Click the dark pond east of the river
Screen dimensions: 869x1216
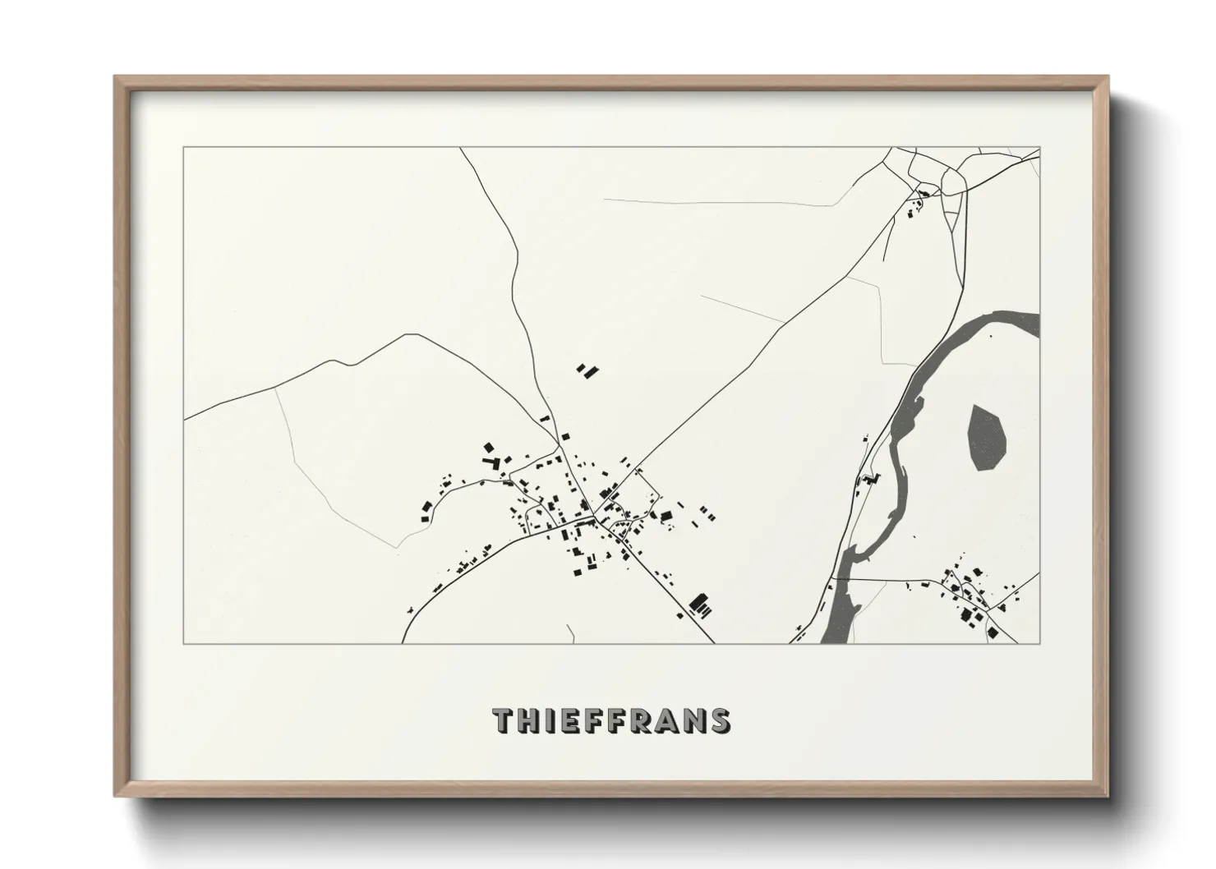pos(987,437)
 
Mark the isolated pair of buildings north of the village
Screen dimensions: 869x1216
pos(587,370)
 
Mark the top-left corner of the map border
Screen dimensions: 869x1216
pos(184,148)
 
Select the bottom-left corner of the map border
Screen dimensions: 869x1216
pos(184,643)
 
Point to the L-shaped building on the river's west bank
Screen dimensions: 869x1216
pos(869,479)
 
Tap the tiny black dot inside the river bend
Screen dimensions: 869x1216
pos(990,336)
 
